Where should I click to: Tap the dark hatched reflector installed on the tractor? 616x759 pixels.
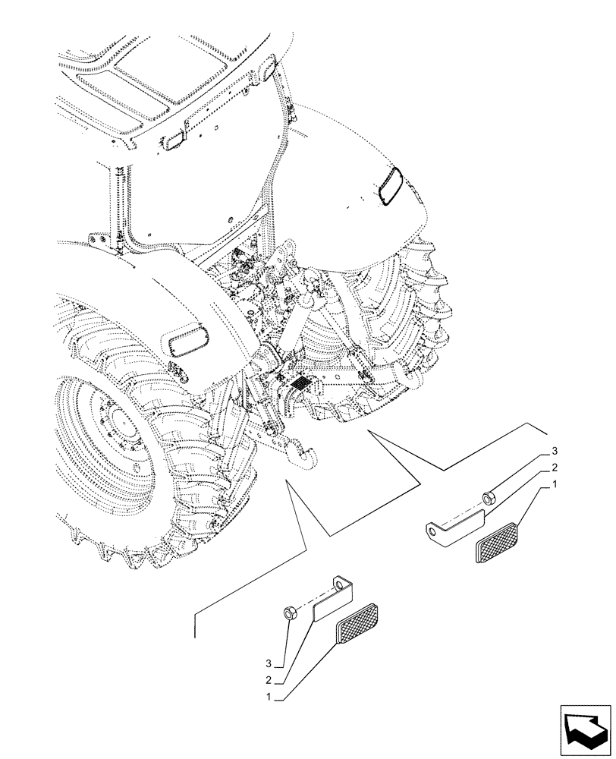(300, 383)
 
